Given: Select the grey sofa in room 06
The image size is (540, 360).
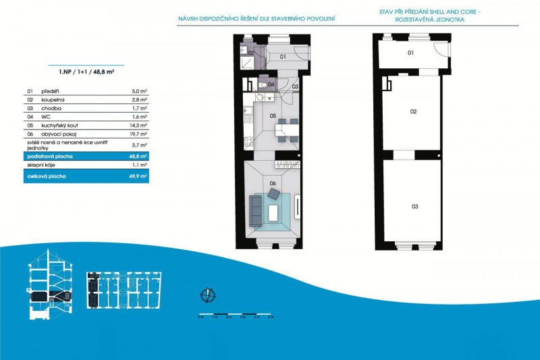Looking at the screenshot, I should pos(256,211).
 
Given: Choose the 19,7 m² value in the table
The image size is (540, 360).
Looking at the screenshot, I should pos(139,135).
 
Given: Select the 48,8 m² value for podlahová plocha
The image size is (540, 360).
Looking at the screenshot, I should pos(139,156).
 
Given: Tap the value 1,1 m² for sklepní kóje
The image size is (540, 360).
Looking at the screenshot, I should pos(139,165).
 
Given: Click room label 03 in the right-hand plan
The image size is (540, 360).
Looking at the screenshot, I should pos(414,206).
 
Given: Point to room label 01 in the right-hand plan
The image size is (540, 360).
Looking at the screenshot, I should pos(410,52).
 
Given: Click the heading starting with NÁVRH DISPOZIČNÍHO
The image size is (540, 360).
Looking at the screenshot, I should pos(256,18).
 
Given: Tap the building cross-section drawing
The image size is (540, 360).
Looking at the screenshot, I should pos(50,288).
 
